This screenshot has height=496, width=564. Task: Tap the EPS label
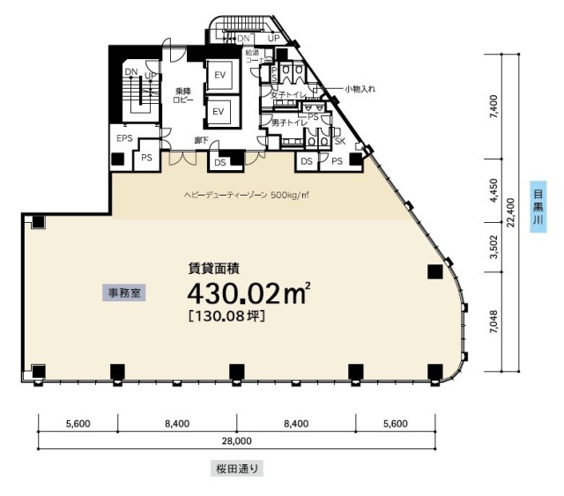[x=124, y=139]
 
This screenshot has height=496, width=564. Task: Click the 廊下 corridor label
[x=200, y=139]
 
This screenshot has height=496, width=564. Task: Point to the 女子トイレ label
[x=286, y=94]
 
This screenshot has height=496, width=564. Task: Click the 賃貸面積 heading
[x=214, y=268]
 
